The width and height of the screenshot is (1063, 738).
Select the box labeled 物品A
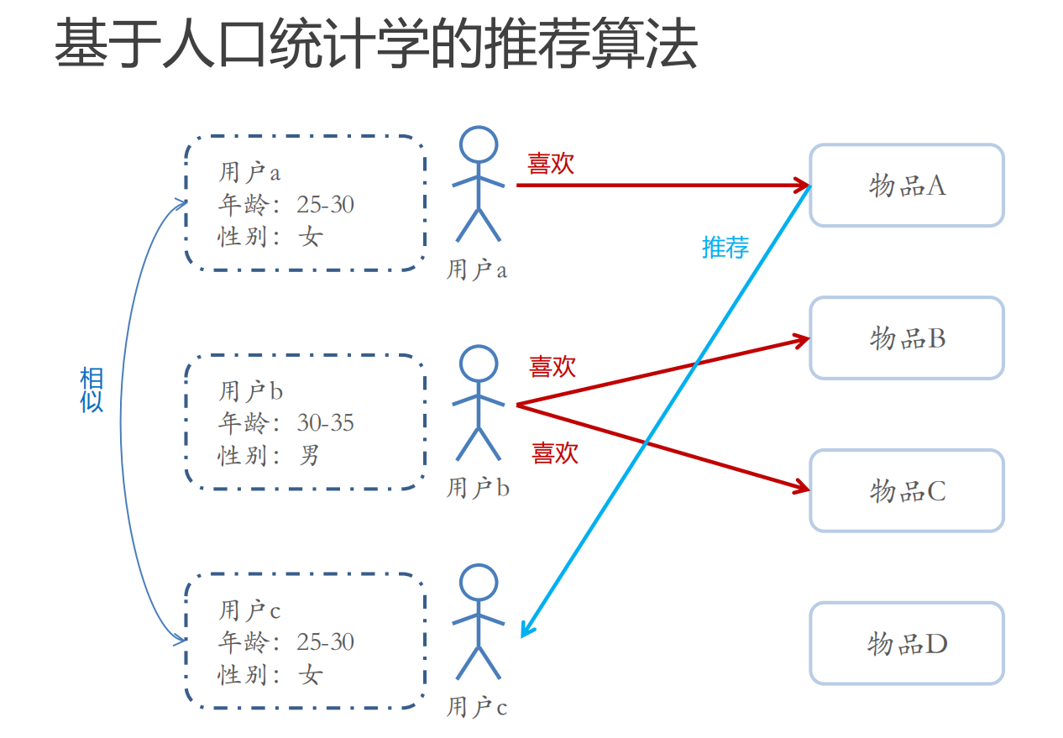pyautogui.click(x=906, y=186)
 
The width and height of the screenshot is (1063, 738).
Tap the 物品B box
pyautogui.click(x=906, y=338)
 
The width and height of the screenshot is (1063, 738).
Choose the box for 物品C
pyautogui.click(x=906, y=490)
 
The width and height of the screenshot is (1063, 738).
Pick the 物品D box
pyautogui.click(x=906, y=644)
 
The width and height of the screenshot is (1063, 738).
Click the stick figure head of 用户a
pyautogui.click(x=479, y=144)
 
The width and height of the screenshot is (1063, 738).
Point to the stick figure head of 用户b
pyautogui.click(x=479, y=364)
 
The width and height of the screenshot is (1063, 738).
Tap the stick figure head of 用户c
pyautogui.click(x=479, y=582)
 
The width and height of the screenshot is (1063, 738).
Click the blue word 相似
pyautogui.click(x=92, y=390)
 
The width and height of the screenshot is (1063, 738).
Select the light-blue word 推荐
pyautogui.click(x=725, y=247)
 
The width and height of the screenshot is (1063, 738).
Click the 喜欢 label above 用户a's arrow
pyautogui.click(x=551, y=164)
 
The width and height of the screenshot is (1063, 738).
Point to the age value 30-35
pyautogui.click(x=325, y=422)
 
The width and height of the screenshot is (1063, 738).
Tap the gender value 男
pyautogui.click(x=309, y=456)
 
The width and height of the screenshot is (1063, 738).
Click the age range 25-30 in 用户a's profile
pyautogui.click(x=325, y=204)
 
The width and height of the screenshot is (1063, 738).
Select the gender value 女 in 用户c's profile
pyautogui.click(x=310, y=675)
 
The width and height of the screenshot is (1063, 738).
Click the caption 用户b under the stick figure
pyautogui.click(x=477, y=488)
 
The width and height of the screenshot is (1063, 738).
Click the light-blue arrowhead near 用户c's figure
pyautogui.click(x=526, y=629)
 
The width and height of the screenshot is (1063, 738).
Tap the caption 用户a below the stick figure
pyautogui.click(x=476, y=270)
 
